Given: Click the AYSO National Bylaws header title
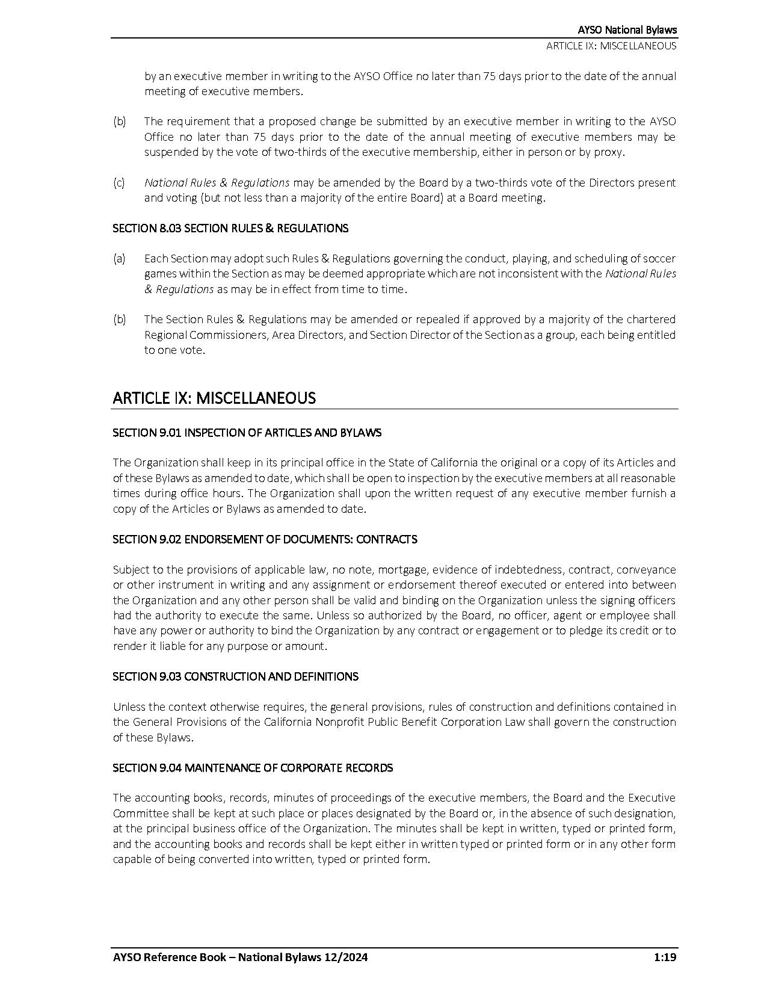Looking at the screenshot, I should tap(627, 29).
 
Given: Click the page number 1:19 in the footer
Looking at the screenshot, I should tap(665, 957).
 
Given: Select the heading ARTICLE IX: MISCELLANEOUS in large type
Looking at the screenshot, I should tap(214, 398).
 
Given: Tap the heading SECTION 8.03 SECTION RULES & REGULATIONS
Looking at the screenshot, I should tap(230, 228).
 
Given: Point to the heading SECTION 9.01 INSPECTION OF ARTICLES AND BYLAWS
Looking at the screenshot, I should tap(247, 433).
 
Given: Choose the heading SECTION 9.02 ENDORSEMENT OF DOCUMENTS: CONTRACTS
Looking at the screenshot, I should tap(265, 539).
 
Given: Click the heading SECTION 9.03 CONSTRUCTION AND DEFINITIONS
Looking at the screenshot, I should tap(235, 676).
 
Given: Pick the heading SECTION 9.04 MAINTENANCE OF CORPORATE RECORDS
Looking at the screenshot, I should tap(253, 768).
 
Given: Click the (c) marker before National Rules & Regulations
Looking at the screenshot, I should tap(119, 182).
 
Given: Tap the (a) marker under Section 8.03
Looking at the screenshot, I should tap(119, 258).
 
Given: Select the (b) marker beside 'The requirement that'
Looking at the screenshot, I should tap(119, 122).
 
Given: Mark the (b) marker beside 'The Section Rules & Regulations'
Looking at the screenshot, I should tap(119, 319).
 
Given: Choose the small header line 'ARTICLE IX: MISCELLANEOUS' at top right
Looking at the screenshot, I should tap(611, 46).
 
